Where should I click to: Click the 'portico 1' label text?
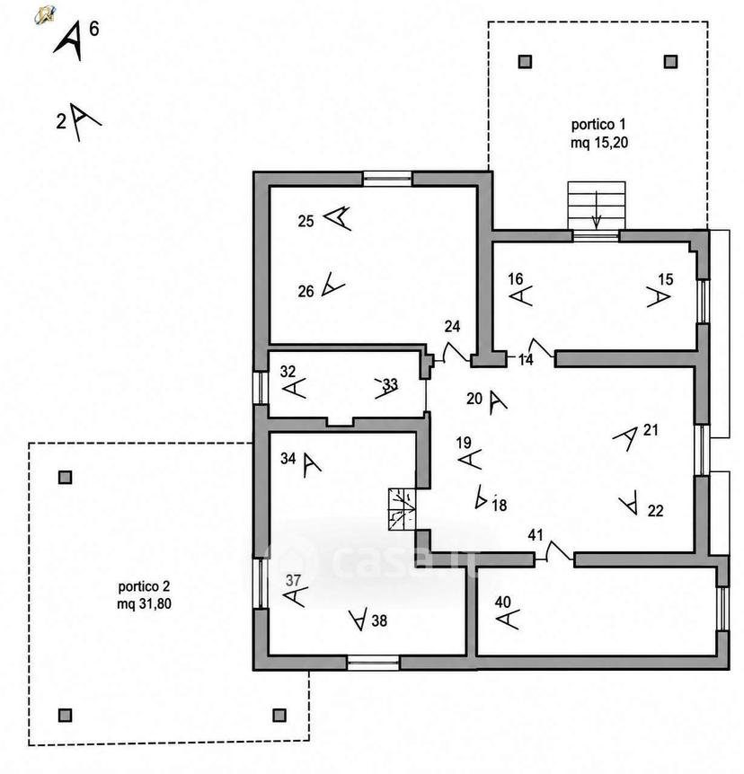pos(598,125)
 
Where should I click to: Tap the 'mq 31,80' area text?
pos(145,603)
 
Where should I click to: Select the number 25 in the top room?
pos(306,221)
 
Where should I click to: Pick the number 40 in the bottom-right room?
pos(503,602)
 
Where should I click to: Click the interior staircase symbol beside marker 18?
pos(402,509)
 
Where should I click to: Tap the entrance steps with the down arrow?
pos(597,205)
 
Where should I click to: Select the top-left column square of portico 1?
pos(525,62)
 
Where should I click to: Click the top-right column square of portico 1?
pos(670,62)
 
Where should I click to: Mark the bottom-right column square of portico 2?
pos(279,715)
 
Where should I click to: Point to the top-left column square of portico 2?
pos(66,478)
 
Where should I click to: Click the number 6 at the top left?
pos(93,29)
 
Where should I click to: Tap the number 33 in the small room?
pos(390,383)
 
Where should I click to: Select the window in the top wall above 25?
pos(388,178)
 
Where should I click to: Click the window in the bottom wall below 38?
pos(373,663)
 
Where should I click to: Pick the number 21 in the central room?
pos(651,430)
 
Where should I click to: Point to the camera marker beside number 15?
pos(659,297)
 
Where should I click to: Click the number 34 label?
pos(288,459)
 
